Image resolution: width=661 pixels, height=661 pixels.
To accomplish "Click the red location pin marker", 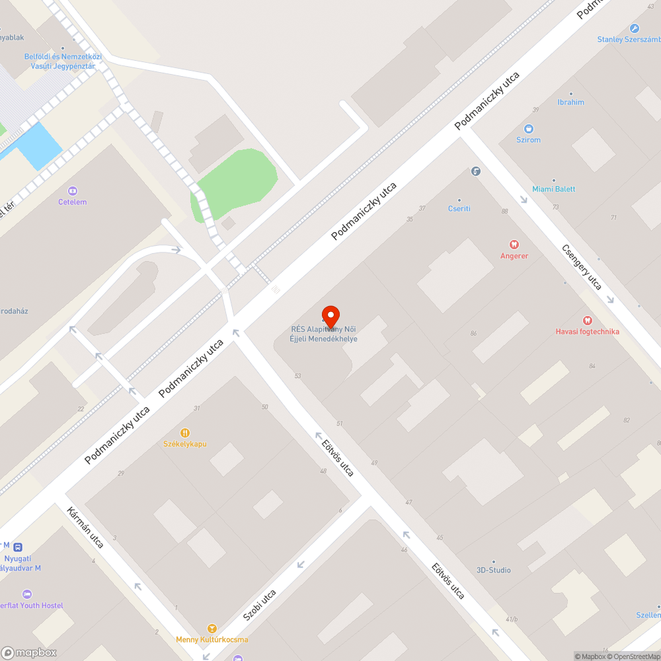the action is point(330,316).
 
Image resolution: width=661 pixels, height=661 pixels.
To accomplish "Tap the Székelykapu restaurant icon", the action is point(185,432).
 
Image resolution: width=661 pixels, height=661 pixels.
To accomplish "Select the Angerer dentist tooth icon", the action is point(514,245).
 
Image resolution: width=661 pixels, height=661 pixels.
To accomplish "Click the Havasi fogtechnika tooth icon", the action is point(587,320).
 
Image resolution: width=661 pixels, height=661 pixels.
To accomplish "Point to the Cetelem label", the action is point(73,202).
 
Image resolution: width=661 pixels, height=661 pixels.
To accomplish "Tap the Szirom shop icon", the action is point(528,129).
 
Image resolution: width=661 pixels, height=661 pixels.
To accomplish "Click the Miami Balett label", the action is point(554,189).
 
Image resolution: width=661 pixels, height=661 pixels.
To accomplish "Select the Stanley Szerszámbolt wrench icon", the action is point(635,28).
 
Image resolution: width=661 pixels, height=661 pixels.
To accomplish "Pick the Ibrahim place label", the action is point(571,102).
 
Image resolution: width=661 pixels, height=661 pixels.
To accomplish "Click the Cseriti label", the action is point(459,208).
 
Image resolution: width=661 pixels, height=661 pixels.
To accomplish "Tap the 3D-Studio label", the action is point(494,570).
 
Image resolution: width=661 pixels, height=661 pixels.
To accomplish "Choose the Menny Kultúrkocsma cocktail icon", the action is point(212,628).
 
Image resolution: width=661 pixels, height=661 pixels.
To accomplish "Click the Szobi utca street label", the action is point(260,605).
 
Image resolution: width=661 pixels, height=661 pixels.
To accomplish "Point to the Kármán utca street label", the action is point(86,527).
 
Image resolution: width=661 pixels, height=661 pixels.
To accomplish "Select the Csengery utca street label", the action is point(582,267).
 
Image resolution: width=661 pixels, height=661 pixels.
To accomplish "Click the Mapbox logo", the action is point(29,652).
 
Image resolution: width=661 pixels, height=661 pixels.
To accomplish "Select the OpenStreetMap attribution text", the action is point(634,656).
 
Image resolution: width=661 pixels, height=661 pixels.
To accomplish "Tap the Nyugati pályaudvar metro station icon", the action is point(18,547).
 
